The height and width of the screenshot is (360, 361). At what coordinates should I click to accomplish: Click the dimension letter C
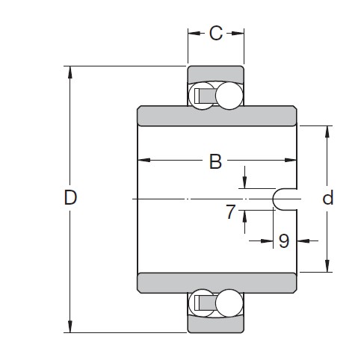215,33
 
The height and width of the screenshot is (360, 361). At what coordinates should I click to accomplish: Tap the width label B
215,161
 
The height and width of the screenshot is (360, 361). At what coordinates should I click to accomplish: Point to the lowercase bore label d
327,199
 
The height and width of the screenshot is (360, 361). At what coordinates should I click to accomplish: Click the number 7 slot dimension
232,212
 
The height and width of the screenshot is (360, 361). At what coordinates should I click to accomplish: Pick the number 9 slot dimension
283,240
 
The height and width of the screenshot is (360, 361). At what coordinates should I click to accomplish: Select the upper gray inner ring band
217,117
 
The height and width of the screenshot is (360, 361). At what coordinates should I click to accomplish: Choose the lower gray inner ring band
217,282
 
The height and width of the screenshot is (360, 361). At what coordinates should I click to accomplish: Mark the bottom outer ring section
216,323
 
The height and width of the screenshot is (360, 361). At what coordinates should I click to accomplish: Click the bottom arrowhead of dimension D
71,326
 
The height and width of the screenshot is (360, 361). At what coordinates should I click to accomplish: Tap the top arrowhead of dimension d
327,131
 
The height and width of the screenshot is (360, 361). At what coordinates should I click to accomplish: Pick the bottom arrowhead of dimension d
327,267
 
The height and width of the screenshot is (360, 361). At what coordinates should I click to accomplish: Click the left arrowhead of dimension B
142,161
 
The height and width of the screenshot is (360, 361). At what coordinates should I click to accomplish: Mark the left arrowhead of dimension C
191,33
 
